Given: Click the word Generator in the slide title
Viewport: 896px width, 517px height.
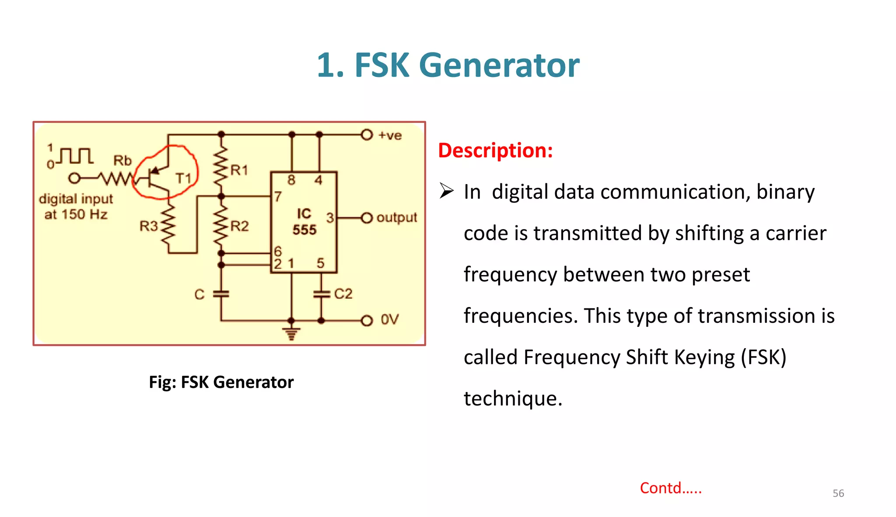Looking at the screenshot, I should pyautogui.click(x=499, y=66).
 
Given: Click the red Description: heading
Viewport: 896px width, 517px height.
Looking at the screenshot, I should pyautogui.click(x=495, y=150).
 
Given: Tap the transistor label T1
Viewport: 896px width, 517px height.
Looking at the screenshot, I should pyautogui.click(x=183, y=178).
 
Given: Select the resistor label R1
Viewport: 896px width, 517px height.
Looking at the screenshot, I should pyautogui.click(x=239, y=170).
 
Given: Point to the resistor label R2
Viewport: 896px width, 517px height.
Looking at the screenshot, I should pyautogui.click(x=239, y=226).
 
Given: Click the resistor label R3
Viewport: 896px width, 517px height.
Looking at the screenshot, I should pyautogui.click(x=148, y=226).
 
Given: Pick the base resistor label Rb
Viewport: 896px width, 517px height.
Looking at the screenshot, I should pyautogui.click(x=122, y=161).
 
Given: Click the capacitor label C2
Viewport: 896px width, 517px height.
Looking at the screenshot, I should pyautogui.click(x=343, y=293).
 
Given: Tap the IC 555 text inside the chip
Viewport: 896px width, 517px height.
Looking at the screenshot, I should pyautogui.click(x=304, y=222).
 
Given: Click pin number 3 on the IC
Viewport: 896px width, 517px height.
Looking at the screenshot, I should pyautogui.click(x=330, y=217).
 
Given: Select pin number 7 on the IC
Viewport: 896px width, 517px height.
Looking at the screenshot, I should pyautogui.click(x=278, y=197).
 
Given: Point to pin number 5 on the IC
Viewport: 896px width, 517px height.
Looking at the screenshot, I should pyautogui.click(x=320, y=263).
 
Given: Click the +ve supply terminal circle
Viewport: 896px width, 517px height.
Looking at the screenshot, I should pyautogui.click(x=367, y=135).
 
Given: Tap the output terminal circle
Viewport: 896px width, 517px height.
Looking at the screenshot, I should pyautogui.click(x=367, y=218).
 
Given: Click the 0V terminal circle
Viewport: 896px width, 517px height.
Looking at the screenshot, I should pyautogui.click(x=367, y=321).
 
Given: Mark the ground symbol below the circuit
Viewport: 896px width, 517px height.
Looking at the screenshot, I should pyautogui.click(x=291, y=334).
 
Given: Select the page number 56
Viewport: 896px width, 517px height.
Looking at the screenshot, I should pyautogui.click(x=838, y=493).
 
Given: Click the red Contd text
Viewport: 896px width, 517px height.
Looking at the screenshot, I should pyautogui.click(x=670, y=488).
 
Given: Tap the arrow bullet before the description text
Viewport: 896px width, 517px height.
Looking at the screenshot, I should pyautogui.click(x=446, y=191).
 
